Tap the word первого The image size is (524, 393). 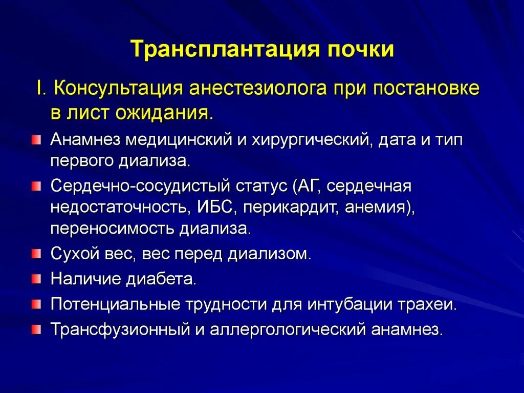[82, 161]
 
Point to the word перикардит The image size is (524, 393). [290, 208]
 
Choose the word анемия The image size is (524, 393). [379, 208]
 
